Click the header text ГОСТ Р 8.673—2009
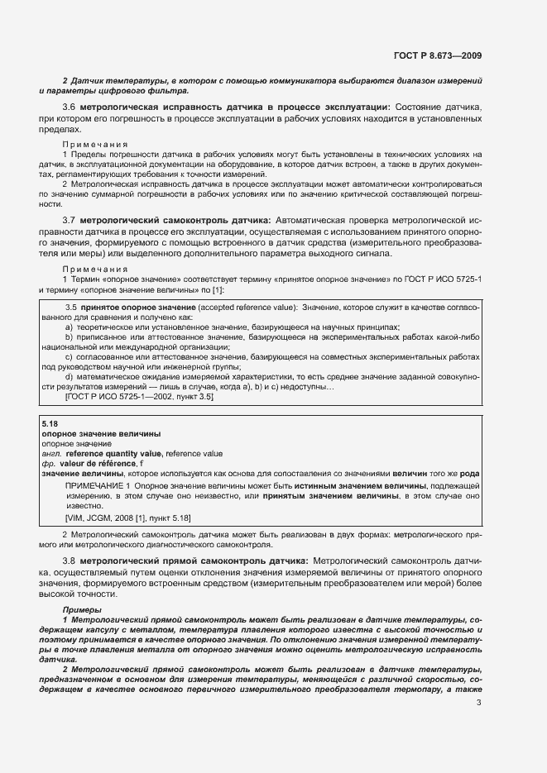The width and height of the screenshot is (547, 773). click(x=438, y=56)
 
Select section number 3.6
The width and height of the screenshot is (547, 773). click(x=70, y=107)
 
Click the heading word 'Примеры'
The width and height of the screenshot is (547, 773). click(x=81, y=609)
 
